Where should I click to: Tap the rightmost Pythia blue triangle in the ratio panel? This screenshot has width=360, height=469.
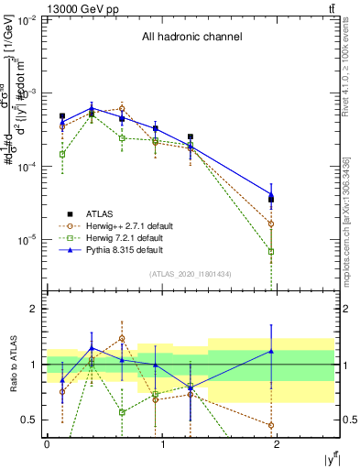click(271, 351)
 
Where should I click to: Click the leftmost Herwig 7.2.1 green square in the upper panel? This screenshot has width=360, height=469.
click(62, 155)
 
